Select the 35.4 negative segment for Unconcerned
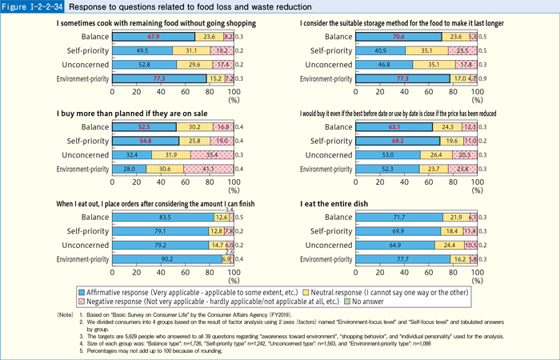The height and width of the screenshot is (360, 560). [212, 154]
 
